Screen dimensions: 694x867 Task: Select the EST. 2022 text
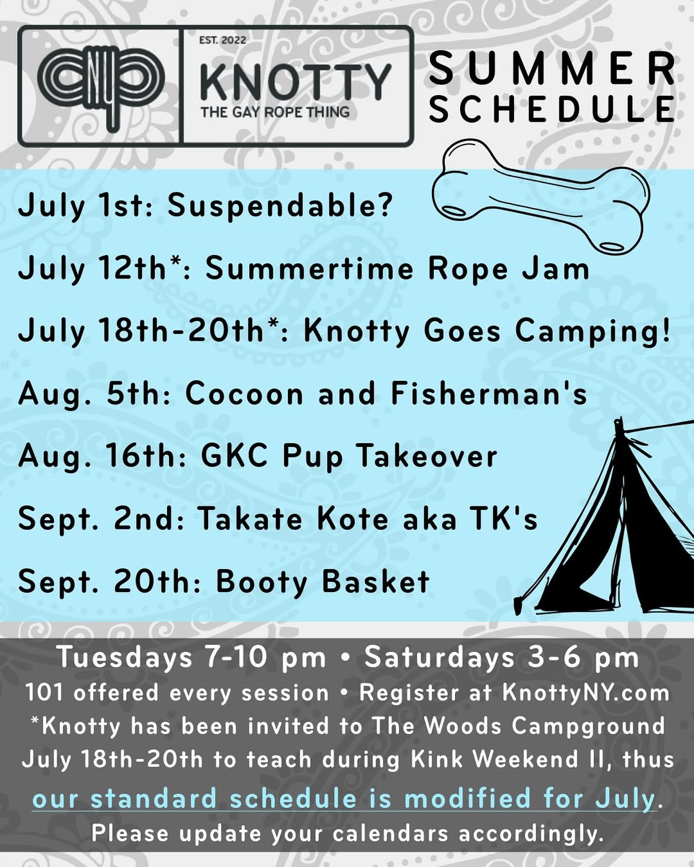pyautogui.click(x=222, y=40)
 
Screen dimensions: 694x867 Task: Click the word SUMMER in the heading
pyautogui.click(x=551, y=69)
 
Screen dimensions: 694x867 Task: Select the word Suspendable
pyautogui.click(x=274, y=205)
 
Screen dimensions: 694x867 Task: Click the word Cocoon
pyautogui.click(x=244, y=394)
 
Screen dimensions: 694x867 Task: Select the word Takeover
pyautogui.click(x=426, y=457)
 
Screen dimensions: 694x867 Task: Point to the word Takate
pyautogui.click(x=250, y=519)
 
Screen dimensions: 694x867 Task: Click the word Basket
pyautogui.click(x=375, y=581)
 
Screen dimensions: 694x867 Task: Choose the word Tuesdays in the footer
pyautogui.click(x=125, y=658)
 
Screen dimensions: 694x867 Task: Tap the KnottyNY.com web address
pyautogui.click(x=585, y=692)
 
